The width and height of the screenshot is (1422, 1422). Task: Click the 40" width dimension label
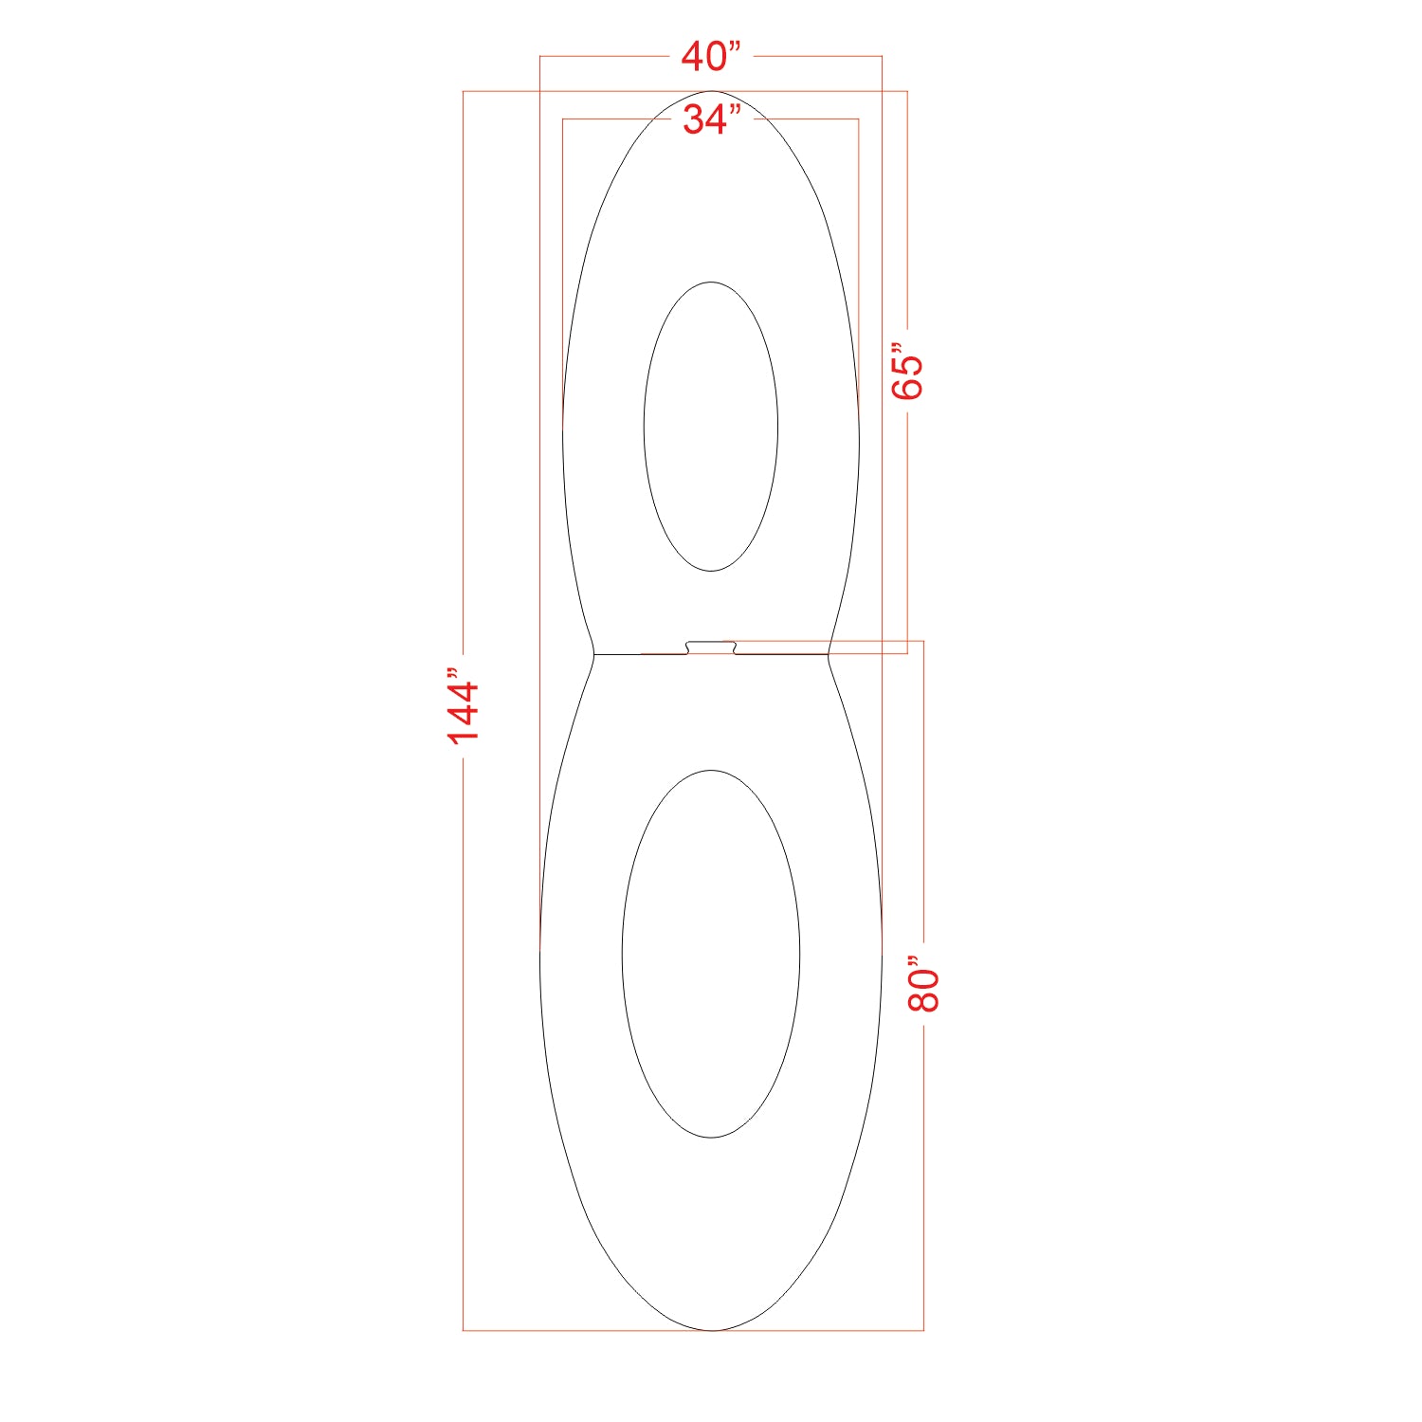click(710, 57)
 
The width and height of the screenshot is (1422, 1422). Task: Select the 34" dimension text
click(711, 119)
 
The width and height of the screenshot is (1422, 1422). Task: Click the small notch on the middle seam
click(711, 647)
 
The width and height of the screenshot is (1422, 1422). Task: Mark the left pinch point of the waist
click(593, 654)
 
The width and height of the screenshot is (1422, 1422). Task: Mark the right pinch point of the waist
click(829, 654)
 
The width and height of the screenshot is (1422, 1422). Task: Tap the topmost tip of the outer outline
click(711, 91)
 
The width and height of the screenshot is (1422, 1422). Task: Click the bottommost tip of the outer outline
click(711, 1330)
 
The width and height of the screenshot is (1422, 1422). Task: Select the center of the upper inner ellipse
click(711, 427)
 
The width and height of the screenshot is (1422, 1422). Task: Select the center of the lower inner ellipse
click(711, 954)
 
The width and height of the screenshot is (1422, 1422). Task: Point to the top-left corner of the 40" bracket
click(540, 57)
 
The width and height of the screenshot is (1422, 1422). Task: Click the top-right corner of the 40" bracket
click(882, 57)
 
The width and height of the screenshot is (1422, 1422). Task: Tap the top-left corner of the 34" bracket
click(563, 119)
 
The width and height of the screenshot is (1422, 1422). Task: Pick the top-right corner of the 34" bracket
click(859, 119)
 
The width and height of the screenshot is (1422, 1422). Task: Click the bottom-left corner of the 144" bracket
click(464, 1330)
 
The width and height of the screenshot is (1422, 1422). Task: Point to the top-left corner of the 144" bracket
click(464, 91)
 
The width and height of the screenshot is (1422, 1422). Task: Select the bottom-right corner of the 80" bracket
click(923, 1330)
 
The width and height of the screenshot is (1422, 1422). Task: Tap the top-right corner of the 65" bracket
click(907, 91)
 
